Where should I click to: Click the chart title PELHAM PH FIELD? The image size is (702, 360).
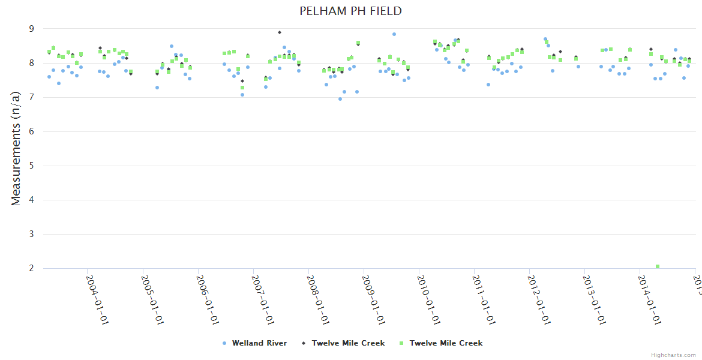tap(351, 11)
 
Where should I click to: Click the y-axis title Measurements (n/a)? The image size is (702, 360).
tap(16, 148)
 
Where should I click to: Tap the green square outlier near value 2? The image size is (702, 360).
tap(658, 266)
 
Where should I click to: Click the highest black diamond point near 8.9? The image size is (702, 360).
tap(280, 32)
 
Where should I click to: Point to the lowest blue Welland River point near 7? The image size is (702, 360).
tap(340, 99)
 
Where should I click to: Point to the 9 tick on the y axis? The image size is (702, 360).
tap(31, 29)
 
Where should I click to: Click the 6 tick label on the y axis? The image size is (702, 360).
tap(31, 131)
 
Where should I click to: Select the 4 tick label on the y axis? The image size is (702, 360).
tap(31, 200)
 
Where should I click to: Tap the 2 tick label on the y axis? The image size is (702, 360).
tap(31, 268)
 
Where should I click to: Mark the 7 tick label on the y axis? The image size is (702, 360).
tap(31, 97)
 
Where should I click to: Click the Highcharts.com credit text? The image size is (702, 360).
tap(673, 355)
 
